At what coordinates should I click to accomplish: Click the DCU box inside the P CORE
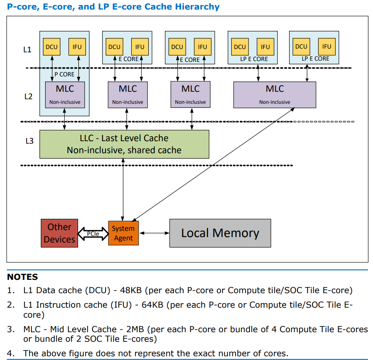coord(52,47)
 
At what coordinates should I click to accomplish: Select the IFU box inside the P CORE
coord(77,47)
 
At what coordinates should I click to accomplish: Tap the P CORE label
coord(64,74)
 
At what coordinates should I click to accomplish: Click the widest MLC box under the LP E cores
coord(275,95)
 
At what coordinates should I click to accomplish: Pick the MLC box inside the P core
coord(65,95)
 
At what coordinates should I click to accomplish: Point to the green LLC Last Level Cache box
coord(124,144)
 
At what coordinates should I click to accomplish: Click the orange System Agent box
coord(123,233)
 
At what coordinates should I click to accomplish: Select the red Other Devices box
coord(59,233)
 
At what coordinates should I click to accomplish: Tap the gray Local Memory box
coord(220,233)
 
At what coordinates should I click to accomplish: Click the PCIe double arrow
coord(93,234)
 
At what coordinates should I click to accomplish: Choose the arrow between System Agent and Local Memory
coord(154,233)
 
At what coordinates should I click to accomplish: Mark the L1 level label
coord(27,49)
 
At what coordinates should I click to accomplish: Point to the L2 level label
coord(27,96)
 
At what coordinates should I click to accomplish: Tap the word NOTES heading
coord(22,277)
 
